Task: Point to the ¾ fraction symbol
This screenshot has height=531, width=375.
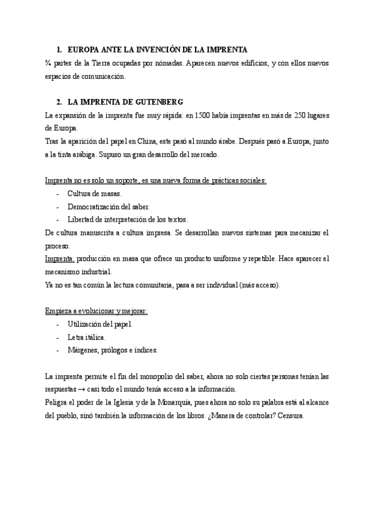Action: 49,63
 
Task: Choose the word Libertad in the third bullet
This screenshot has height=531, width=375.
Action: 81,219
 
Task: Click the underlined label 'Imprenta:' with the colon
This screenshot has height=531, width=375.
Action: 60,259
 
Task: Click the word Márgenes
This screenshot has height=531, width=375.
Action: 83,349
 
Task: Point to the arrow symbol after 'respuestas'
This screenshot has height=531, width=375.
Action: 82,389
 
